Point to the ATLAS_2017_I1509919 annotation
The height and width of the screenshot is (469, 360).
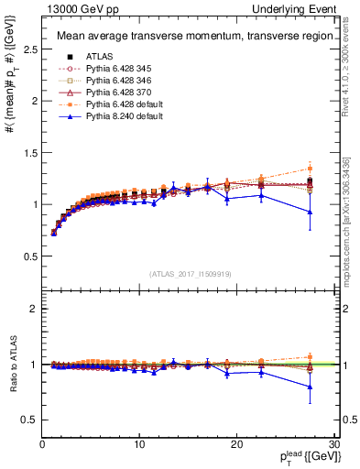coord(189,272)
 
